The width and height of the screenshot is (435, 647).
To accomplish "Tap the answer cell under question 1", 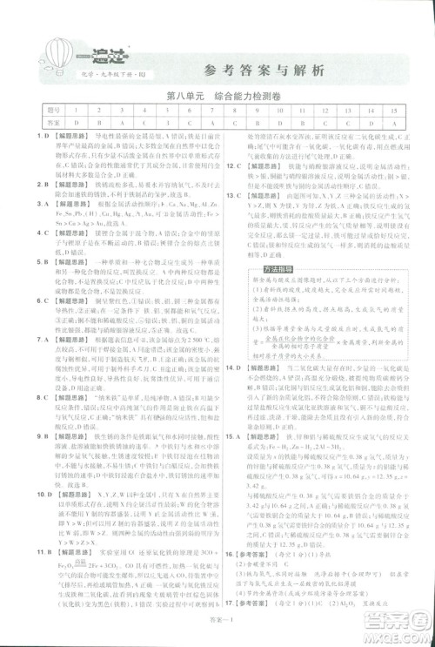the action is pos(77,123).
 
